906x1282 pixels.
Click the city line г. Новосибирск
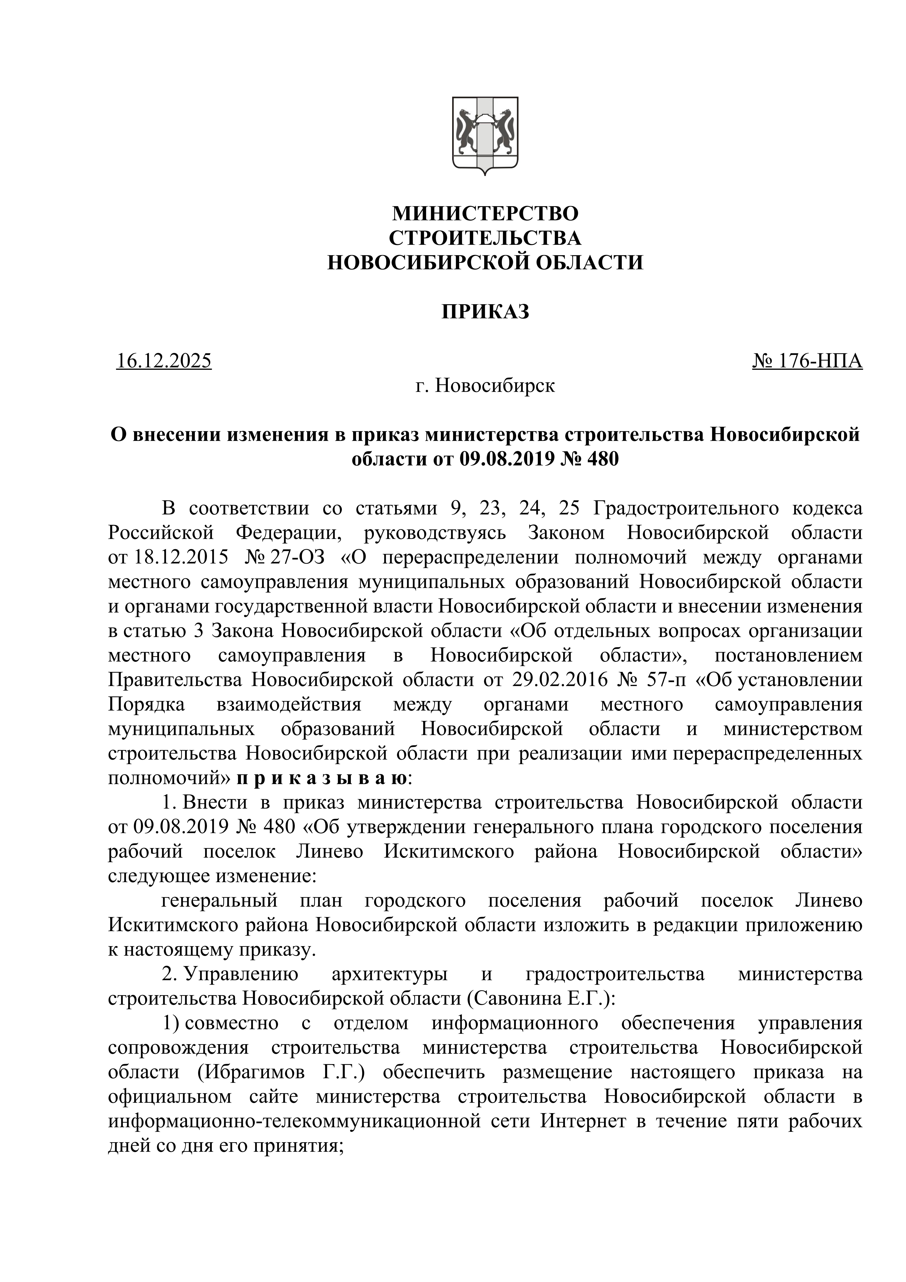click(485, 385)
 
